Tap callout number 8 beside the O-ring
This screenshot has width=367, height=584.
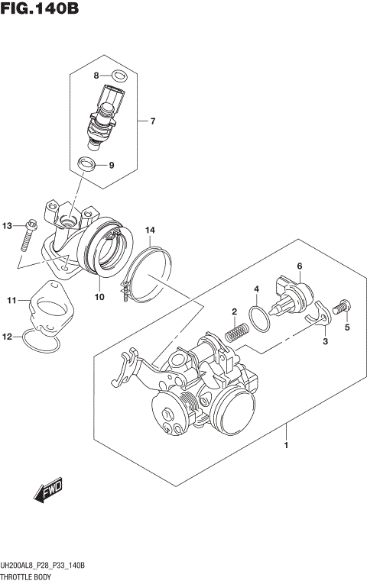pyautogui.click(x=96, y=75)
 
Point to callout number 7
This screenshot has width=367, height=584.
pyautogui.click(x=152, y=121)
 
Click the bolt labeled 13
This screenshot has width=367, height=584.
pyautogui.click(x=26, y=234)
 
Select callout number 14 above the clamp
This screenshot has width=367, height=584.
pyautogui.click(x=151, y=230)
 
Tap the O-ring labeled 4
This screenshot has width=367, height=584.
pyautogui.click(x=259, y=318)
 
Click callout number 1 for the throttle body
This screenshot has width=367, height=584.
pyautogui.click(x=286, y=445)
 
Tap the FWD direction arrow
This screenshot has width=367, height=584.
pyautogui.click(x=47, y=492)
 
